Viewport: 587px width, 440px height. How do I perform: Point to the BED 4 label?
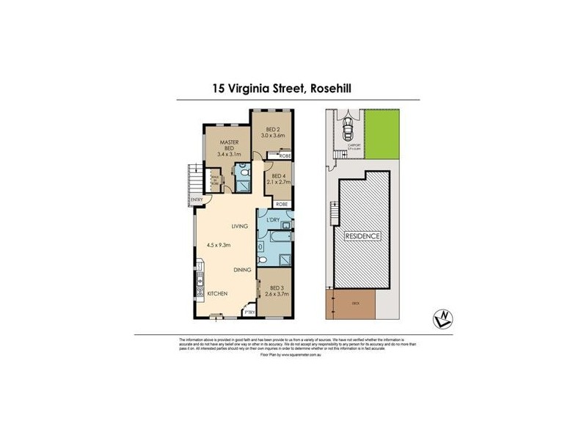click(x=278, y=176)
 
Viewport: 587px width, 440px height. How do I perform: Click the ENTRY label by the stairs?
click(x=196, y=199)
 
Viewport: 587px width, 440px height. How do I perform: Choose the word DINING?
click(x=244, y=271)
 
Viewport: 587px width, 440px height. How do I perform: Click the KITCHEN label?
click(x=217, y=293)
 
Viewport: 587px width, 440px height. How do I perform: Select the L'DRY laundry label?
click(x=274, y=221)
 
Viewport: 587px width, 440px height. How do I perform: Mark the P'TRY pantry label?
click(x=249, y=313)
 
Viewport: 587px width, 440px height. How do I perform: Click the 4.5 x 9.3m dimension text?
click(x=218, y=245)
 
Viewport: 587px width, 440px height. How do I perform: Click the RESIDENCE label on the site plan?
click(x=363, y=236)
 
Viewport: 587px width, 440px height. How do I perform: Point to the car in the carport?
click(x=347, y=132)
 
